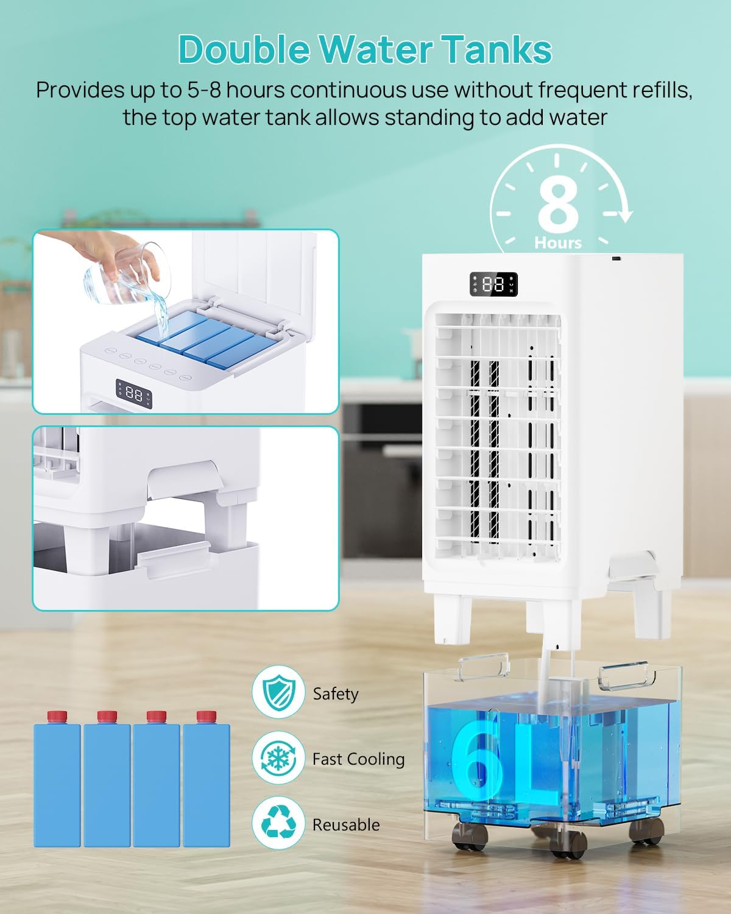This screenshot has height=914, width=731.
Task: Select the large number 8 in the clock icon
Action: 558,205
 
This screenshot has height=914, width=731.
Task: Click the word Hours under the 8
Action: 558,243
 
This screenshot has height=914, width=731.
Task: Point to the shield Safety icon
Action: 278,692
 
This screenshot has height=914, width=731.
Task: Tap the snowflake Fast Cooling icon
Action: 278,757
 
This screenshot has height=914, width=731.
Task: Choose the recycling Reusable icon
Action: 278,824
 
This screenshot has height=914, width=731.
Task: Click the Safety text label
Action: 336,694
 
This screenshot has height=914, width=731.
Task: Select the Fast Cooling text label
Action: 358,759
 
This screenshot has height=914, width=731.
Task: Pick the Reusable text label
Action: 346,825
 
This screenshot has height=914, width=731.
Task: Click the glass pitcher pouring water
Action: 127,274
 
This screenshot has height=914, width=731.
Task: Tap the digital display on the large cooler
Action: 493,284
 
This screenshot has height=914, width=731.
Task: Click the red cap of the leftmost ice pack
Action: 57,717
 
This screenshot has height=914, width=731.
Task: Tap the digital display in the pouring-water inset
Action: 134,394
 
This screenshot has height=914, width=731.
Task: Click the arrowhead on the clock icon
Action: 624,216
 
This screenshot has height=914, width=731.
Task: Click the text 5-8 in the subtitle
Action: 204,90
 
